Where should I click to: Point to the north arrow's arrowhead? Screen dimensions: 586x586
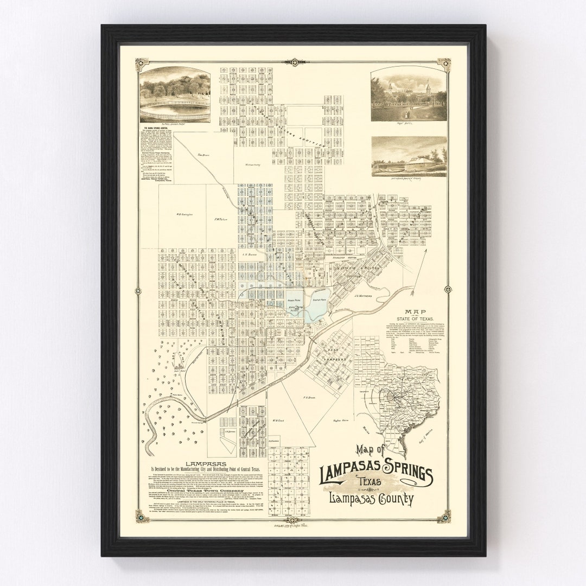[426, 250]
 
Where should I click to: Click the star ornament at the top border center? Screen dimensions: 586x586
[294, 62]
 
